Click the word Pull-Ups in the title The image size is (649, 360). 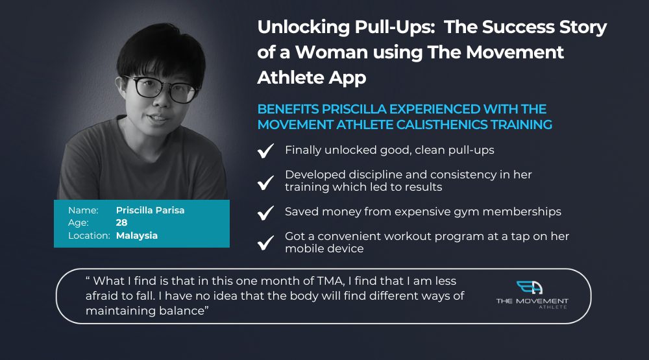395,28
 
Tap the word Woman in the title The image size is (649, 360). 332,53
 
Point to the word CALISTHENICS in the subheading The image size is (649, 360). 441,125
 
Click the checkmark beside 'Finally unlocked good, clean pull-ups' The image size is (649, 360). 265,150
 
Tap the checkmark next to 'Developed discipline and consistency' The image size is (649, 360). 265,182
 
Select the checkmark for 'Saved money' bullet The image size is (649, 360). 265,213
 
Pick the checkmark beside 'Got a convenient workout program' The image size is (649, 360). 265,243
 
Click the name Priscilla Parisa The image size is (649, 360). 151,210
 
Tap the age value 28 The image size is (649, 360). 122,222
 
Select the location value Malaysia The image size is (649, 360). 137,236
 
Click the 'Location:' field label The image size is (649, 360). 89,235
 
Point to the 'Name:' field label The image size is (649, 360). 83,210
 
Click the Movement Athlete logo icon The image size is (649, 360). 530,287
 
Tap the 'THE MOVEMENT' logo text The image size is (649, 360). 532,301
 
